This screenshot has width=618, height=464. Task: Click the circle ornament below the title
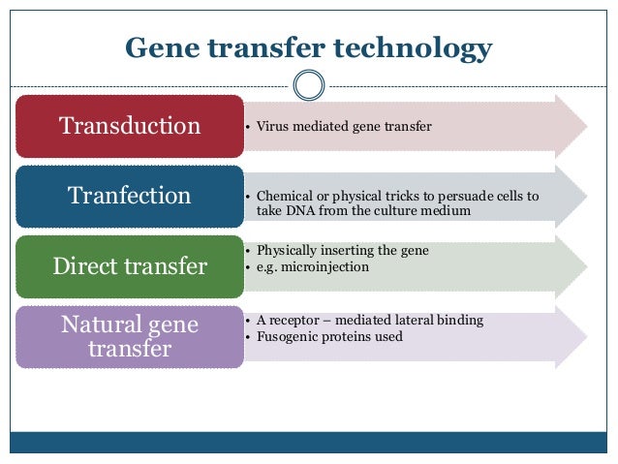[308, 85]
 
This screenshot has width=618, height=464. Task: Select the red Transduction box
[130, 126]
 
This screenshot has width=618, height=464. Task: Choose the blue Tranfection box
[130, 196]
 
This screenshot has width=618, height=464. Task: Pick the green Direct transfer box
[130, 265]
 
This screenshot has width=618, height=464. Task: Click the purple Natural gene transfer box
[130, 335]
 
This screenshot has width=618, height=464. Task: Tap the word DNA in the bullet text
[299, 209]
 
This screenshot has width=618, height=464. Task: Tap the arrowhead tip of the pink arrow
[584, 126]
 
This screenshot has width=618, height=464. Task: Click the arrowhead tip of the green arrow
[584, 265]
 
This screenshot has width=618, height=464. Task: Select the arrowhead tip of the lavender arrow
[584, 335]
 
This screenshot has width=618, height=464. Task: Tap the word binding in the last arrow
[459, 321]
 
